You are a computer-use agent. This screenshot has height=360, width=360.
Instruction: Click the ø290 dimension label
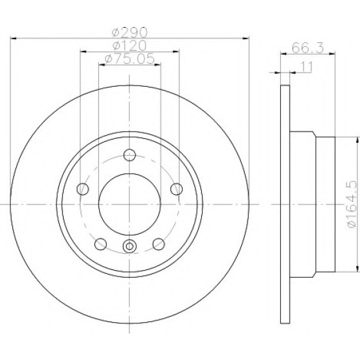point(129,32)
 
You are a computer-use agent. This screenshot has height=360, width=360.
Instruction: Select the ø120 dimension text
point(129,46)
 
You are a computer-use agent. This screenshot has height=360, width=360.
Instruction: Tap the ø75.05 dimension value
point(129,59)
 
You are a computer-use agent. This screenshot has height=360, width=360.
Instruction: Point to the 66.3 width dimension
point(308,48)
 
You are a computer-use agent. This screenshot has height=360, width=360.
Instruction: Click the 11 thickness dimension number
point(306,67)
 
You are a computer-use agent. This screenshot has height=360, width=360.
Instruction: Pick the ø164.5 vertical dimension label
point(352,204)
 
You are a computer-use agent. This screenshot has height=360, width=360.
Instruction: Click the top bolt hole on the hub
point(129,155)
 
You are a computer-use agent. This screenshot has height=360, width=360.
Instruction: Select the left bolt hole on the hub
point(82,189)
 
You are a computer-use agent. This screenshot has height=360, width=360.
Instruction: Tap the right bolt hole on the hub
point(177,189)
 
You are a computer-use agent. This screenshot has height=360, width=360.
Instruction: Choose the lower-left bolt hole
point(100,244)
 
